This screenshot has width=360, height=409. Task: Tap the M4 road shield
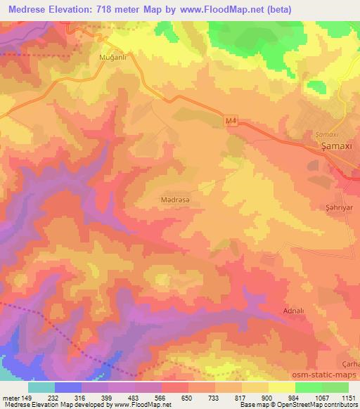[x=231, y=122]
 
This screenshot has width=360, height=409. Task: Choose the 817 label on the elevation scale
[x=240, y=397]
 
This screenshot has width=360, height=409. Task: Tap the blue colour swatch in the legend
[x=67, y=387]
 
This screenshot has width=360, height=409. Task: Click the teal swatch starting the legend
[x=41, y=387]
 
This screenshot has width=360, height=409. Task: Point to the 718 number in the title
[x=108, y=8]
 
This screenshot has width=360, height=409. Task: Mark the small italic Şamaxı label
[x=322, y=134]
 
